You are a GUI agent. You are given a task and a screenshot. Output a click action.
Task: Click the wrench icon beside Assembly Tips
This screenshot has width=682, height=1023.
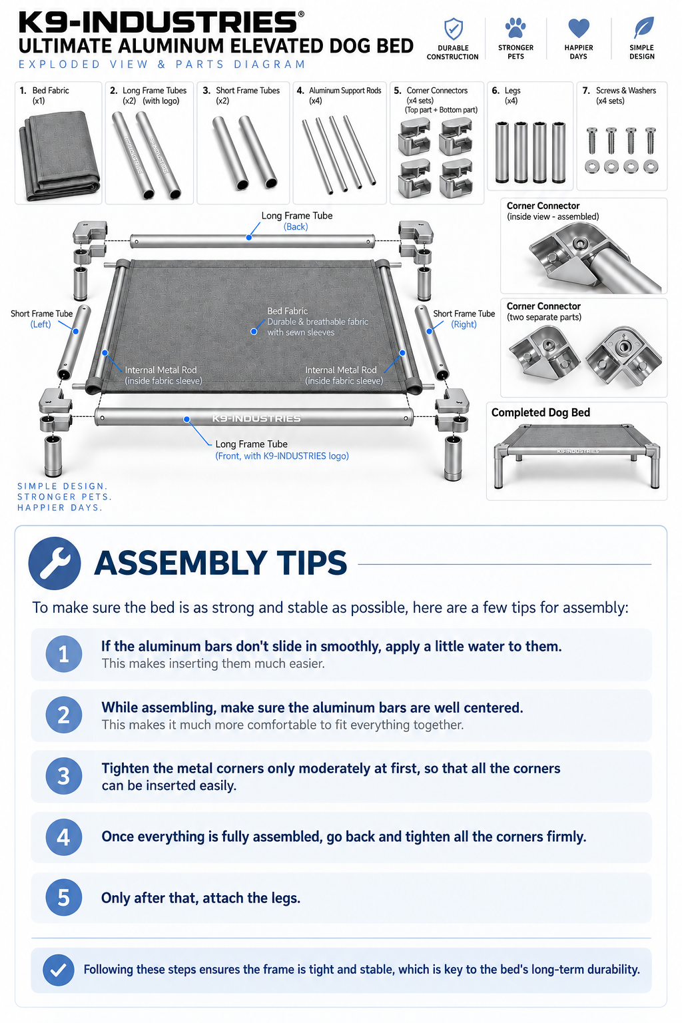[55, 563]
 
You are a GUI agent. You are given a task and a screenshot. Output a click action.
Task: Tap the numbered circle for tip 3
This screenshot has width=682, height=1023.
[64, 776]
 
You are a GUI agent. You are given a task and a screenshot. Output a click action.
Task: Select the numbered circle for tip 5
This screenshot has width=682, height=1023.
[64, 897]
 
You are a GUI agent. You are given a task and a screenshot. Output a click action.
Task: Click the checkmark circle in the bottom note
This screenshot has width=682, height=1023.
[59, 970]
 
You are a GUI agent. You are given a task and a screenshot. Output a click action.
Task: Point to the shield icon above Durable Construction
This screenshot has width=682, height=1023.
[453, 29]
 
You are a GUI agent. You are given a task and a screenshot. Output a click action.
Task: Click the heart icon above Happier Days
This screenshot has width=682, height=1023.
[578, 28]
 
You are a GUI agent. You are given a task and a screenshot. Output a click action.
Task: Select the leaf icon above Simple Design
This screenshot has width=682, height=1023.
[643, 27]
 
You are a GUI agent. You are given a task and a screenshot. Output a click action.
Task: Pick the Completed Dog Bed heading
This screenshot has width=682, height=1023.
[541, 412]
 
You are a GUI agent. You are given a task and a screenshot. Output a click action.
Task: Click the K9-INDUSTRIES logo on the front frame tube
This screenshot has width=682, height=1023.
[256, 418]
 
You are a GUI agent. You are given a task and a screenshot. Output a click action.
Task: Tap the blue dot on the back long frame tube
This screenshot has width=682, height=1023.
[248, 238]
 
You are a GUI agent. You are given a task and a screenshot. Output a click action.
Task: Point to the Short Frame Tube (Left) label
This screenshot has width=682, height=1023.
[41, 319]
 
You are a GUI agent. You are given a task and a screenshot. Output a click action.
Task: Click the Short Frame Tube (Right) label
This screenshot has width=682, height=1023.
[464, 319]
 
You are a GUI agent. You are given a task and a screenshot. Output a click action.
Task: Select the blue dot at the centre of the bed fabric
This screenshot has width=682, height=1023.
[254, 332]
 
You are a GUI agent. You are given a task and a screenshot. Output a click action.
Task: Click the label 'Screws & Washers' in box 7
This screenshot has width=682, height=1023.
[626, 91]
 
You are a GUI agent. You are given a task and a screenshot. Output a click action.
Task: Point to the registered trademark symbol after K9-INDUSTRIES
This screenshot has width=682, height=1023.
[301, 14]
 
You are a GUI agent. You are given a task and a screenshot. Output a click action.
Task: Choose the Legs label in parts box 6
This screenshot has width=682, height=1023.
[513, 91]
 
